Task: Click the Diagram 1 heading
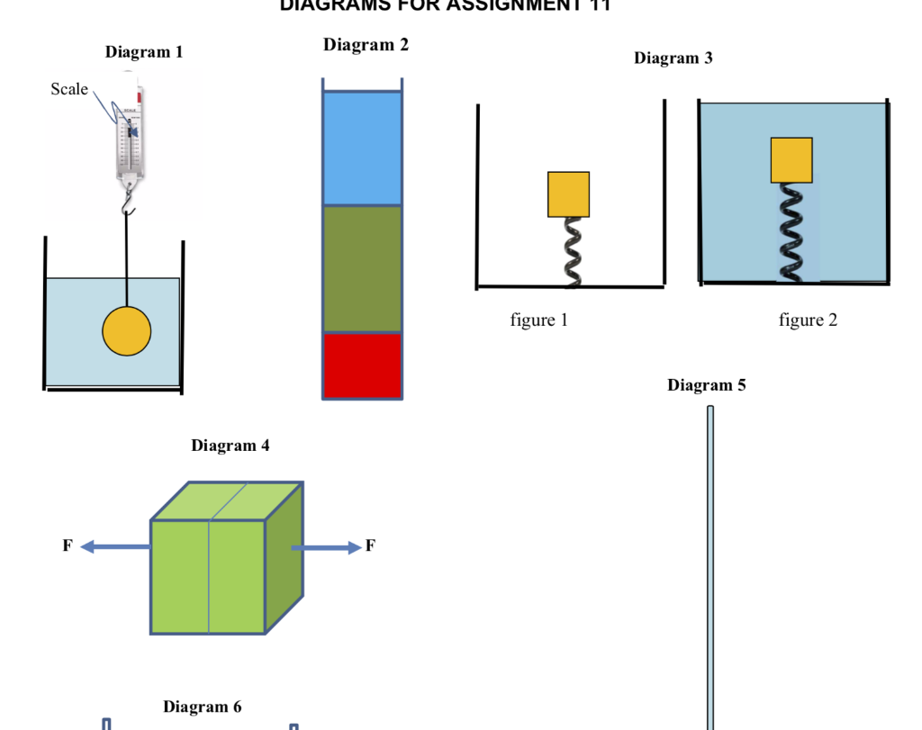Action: (144, 52)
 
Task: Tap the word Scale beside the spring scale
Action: (69, 89)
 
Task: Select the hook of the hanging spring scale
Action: (128, 206)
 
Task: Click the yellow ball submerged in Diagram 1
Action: (127, 331)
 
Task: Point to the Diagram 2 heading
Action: (366, 45)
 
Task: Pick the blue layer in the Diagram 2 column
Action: (362, 149)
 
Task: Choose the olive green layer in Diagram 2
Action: (362, 268)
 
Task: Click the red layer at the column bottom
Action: (362, 365)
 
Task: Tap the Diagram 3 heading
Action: (673, 59)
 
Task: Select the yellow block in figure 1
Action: (568, 194)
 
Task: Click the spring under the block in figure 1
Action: (571, 252)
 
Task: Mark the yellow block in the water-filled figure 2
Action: (791, 160)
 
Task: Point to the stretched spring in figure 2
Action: (791, 232)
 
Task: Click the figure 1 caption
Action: (538, 320)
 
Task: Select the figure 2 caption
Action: (808, 320)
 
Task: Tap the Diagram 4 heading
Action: (230, 446)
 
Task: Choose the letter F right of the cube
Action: (370, 546)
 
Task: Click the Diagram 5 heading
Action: (706, 385)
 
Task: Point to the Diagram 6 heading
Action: (202, 707)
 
